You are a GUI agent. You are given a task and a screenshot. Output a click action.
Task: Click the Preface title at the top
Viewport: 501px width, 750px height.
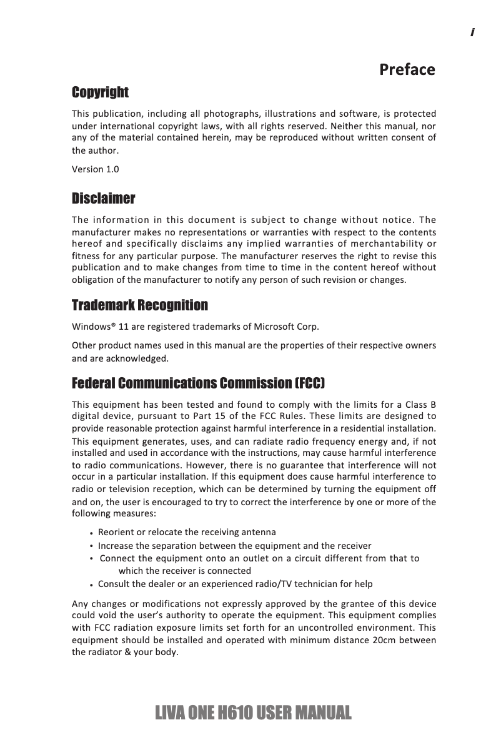[x=407, y=69]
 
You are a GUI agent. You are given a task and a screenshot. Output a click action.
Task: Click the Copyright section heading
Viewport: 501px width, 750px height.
[x=100, y=92]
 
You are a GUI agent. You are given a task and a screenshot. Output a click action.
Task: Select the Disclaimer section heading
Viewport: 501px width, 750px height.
[x=103, y=199]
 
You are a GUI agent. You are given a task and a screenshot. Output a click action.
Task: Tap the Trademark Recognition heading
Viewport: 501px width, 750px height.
[x=140, y=305]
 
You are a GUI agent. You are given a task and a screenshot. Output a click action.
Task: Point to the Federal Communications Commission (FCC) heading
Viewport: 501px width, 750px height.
[x=198, y=382]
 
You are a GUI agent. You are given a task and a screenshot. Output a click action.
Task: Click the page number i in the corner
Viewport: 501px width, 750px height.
[x=473, y=32]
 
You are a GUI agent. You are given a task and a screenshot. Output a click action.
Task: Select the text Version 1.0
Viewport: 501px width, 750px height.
[x=95, y=169]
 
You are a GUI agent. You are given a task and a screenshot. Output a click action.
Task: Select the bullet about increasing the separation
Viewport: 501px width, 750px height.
[x=234, y=545]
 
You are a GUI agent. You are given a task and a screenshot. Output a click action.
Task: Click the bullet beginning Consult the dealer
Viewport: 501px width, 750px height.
[x=235, y=584]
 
